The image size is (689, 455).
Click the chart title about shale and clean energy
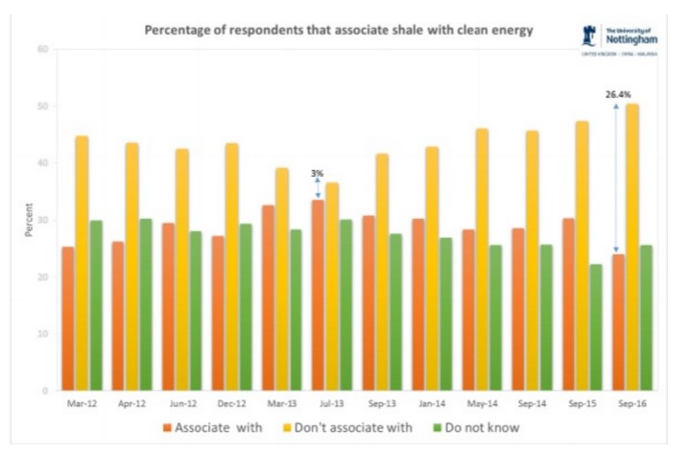tap(338, 30)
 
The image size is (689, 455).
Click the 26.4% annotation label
tap(618, 94)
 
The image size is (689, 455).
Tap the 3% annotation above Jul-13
tap(317, 173)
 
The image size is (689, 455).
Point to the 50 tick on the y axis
tap(41, 107)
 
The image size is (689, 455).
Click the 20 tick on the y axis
tap(41, 277)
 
